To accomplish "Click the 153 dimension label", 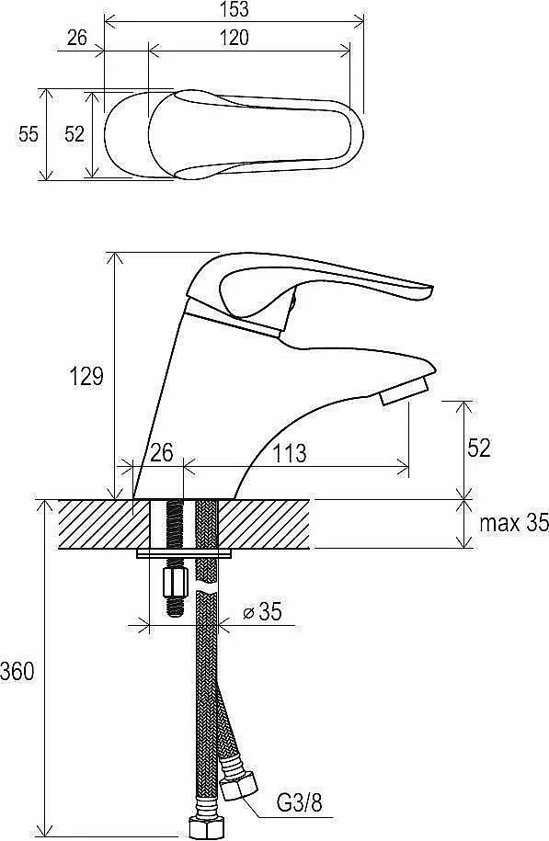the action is coord(234,9).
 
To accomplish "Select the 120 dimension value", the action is coord(234,38).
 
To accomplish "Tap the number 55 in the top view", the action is coord(29,133).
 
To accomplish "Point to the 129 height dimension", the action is coord(86,376).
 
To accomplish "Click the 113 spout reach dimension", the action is coord(291,454).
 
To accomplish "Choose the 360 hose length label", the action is coord(17,672).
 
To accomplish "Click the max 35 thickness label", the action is coord(514,523).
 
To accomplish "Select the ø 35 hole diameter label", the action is coord(262,611).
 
